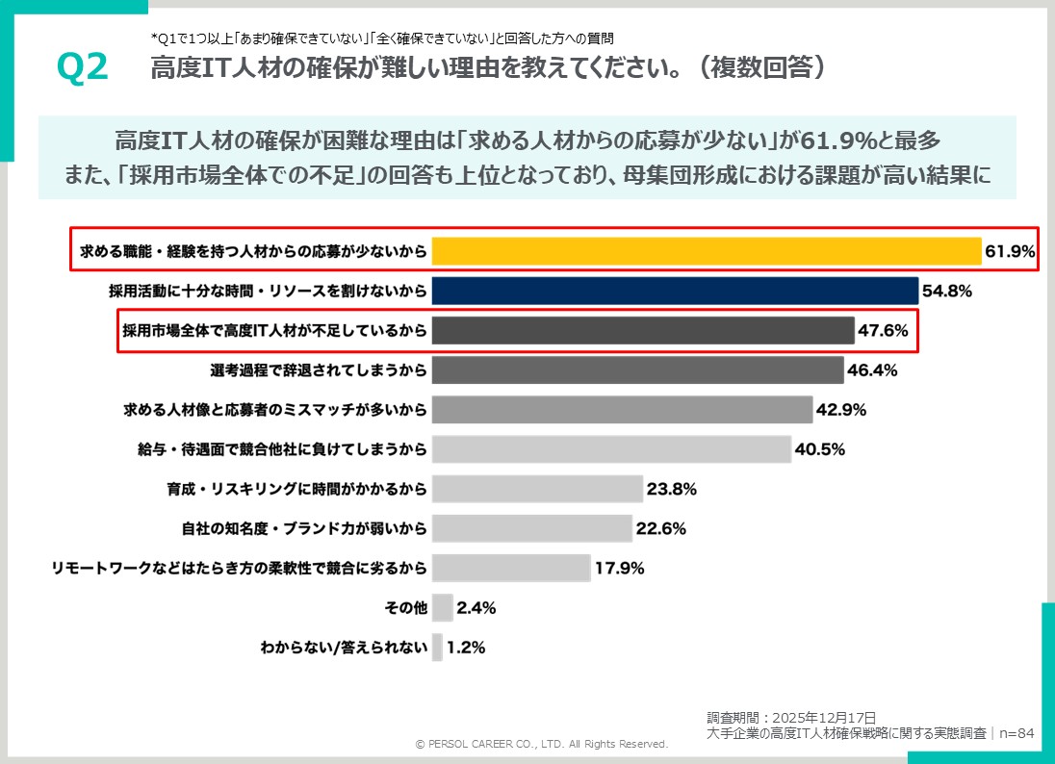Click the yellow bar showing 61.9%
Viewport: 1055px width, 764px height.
tap(706, 251)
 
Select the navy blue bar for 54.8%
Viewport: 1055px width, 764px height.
tap(675, 291)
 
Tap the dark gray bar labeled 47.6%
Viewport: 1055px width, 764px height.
tap(642, 331)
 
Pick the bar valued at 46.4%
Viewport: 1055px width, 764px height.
tap(637, 370)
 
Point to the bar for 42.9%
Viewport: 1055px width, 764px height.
tap(622, 410)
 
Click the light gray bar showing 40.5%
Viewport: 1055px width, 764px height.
tap(611, 449)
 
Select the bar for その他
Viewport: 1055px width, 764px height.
tap(443, 608)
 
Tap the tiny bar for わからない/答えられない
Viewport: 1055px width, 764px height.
tap(437, 648)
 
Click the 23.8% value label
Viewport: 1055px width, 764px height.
tap(671, 489)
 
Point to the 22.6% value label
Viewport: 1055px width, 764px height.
tap(660, 528)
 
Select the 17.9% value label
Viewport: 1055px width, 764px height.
tap(619, 568)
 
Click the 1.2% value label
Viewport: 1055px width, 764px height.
tap(466, 648)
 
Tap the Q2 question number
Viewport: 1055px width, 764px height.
tap(83, 67)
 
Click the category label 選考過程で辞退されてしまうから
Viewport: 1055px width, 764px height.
tap(318, 370)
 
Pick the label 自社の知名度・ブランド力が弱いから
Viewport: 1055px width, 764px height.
tap(303, 528)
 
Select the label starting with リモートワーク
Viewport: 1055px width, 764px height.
tap(239, 568)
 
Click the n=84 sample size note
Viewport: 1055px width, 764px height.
tap(1016, 733)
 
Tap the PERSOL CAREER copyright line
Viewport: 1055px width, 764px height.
tap(541, 744)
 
